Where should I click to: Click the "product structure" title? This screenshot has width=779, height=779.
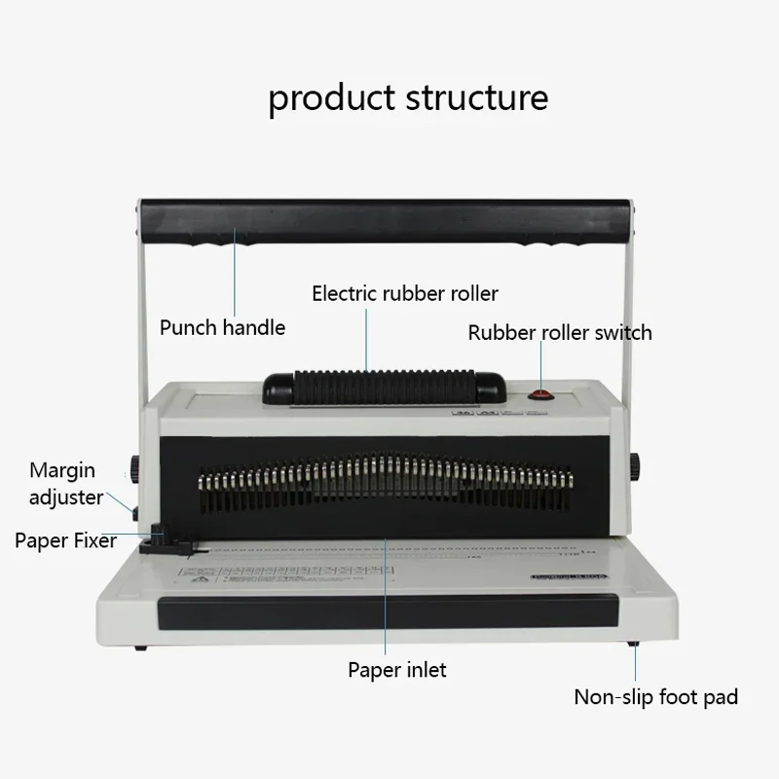click(x=408, y=98)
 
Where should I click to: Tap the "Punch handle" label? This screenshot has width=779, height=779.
click(x=222, y=327)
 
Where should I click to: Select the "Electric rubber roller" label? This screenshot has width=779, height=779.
click(x=404, y=293)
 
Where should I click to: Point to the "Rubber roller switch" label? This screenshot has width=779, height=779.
click(x=560, y=333)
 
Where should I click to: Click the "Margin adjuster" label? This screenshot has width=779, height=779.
click(x=66, y=483)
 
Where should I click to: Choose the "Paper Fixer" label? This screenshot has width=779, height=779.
click(x=66, y=540)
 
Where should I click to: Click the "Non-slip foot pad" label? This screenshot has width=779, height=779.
click(x=655, y=696)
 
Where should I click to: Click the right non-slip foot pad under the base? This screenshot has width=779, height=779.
click(x=634, y=644)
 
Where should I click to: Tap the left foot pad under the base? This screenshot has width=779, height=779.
click(x=142, y=647)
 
